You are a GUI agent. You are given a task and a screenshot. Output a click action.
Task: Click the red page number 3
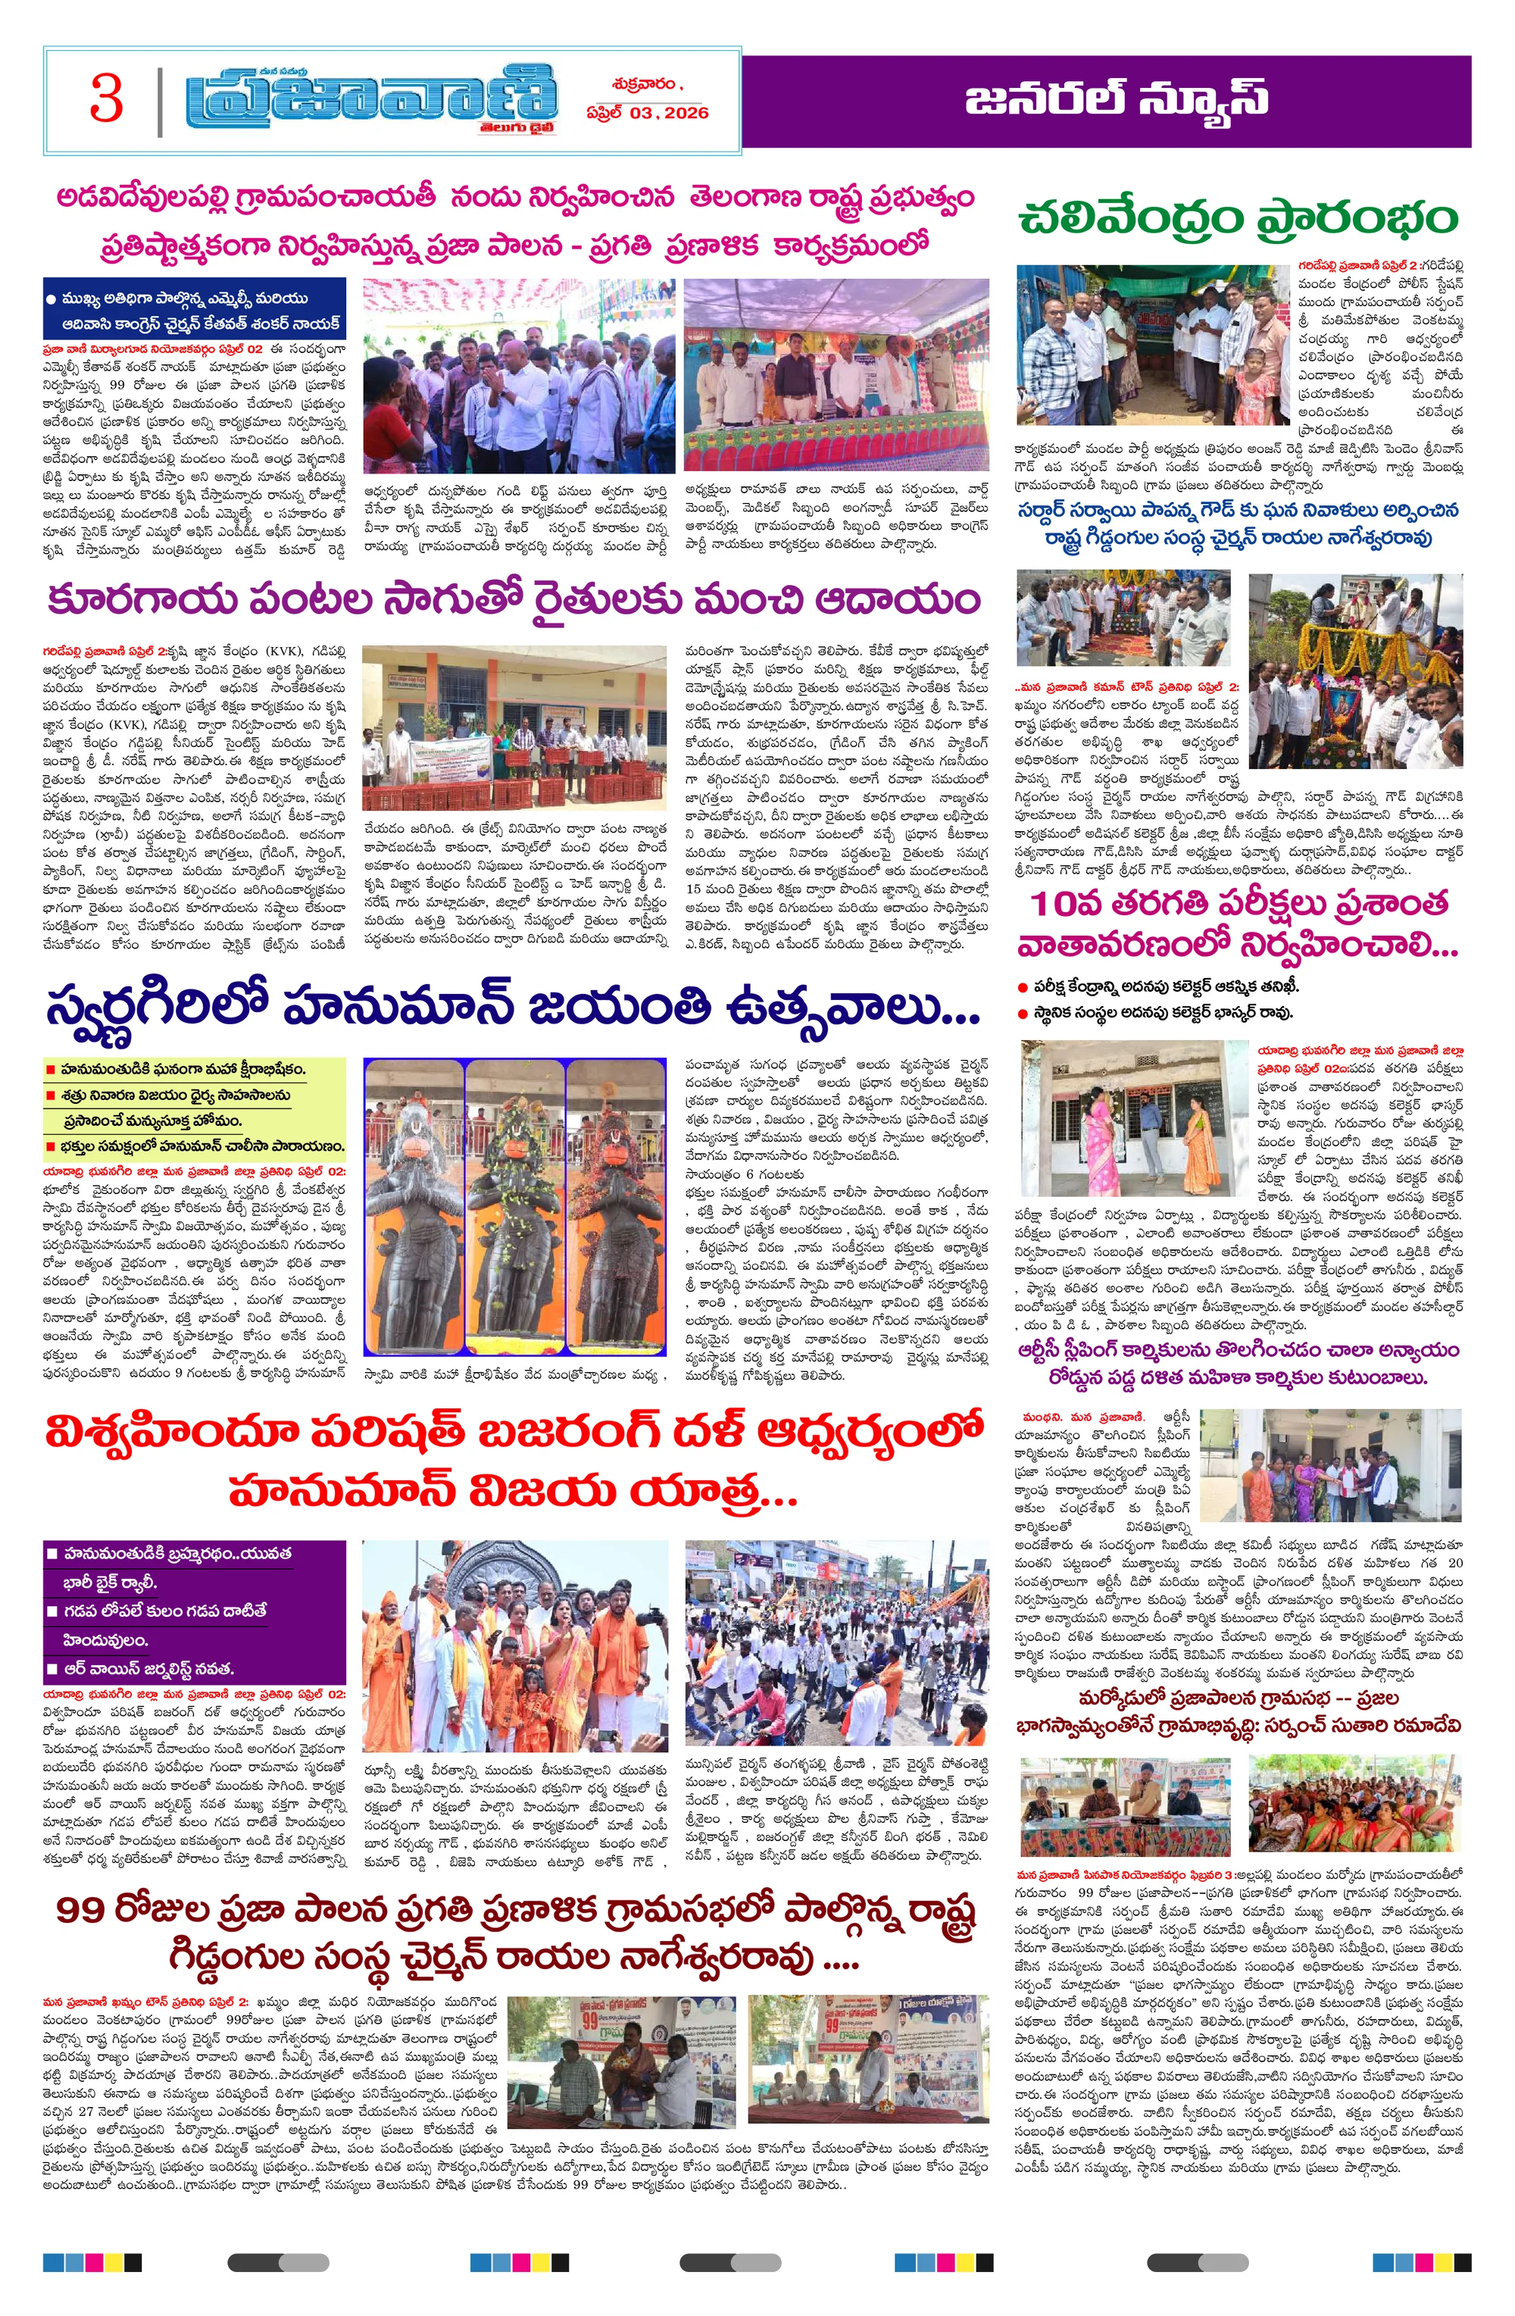click(x=106, y=99)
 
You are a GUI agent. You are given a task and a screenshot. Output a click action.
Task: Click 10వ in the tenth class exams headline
click(x=1067, y=904)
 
